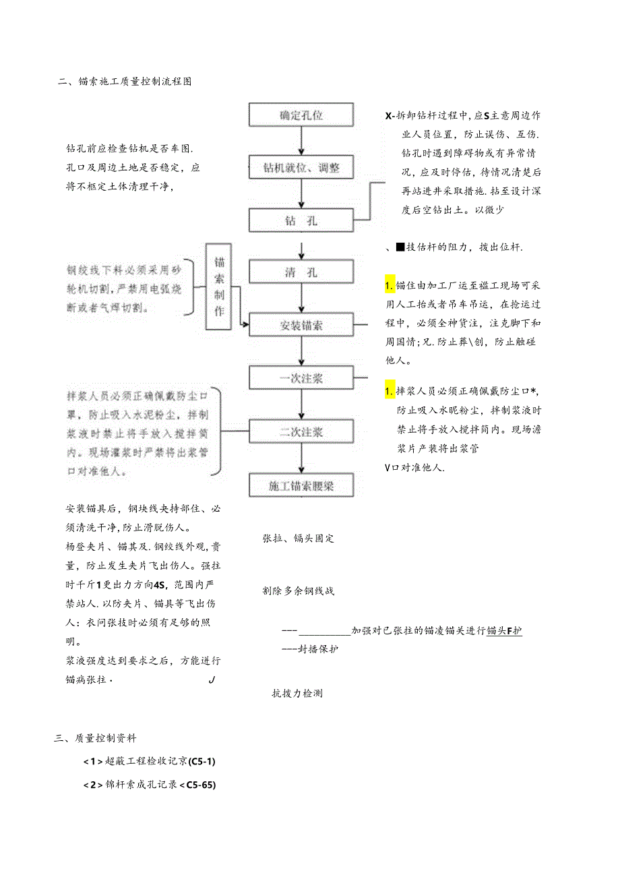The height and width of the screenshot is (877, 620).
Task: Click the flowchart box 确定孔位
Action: [301, 115]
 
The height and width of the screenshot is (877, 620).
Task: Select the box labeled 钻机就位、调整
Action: [301, 167]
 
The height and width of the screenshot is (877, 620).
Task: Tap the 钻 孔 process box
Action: [301, 220]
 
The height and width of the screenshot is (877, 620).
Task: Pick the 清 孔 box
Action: [301, 272]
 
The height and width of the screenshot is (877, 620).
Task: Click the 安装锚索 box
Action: [301, 325]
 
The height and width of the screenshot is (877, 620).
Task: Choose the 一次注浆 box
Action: [301, 378]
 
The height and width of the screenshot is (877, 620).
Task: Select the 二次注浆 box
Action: [301, 431]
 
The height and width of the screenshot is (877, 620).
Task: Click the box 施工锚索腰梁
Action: [301, 485]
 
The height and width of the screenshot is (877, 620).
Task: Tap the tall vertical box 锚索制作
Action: [219, 286]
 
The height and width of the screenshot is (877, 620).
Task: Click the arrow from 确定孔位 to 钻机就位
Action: [301, 141]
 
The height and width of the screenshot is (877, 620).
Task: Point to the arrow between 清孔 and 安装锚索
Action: [301, 299]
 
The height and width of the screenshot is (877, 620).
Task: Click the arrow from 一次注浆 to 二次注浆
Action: [301, 405]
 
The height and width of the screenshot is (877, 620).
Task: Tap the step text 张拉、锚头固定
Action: [298, 539]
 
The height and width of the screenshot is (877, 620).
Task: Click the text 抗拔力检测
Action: [297, 692]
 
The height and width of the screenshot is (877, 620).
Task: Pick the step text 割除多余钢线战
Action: [298, 591]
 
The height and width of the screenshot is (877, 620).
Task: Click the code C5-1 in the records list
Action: [202, 762]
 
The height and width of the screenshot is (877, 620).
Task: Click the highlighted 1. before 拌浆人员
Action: [390, 391]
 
